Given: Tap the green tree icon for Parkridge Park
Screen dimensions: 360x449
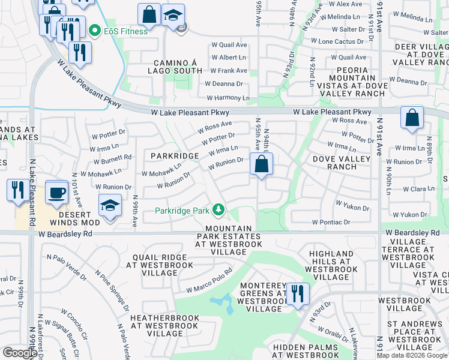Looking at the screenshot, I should (x=220, y=210).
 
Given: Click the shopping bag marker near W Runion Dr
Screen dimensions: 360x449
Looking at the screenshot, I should (x=261, y=164).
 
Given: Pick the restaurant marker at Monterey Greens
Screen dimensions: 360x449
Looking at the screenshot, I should (x=297, y=294).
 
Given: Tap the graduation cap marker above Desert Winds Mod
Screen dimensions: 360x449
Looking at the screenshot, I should (x=110, y=206).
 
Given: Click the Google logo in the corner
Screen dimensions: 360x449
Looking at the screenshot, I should (x=19, y=353).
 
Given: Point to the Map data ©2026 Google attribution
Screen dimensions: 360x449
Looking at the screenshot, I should (x=412, y=355).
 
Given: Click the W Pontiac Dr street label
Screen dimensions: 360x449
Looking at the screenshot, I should (x=331, y=222).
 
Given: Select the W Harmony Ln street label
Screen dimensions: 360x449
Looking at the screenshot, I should (x=228, y=98).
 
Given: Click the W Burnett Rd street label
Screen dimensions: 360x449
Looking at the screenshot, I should (x=112, y=160).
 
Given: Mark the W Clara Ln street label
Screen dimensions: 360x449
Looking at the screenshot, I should (x=418, y=188).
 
